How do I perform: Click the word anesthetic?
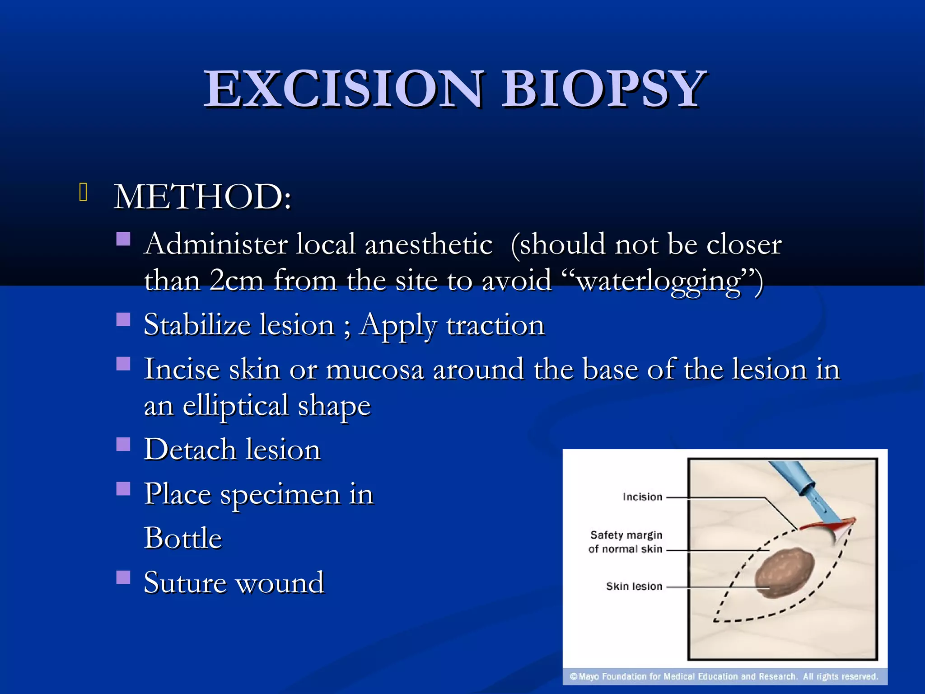click(428, 244)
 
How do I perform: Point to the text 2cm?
click(236, 281)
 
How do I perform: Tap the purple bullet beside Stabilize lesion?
click(123, 320)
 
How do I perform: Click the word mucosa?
click(374, 370)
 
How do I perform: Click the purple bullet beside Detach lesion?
click(123, 445)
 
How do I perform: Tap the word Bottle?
click(183, 538)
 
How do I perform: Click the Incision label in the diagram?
click(642, 497)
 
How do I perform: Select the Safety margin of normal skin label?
click(626, 542)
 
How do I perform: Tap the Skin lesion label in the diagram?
click(634, 586)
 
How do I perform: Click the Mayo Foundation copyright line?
click(724, 676)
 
